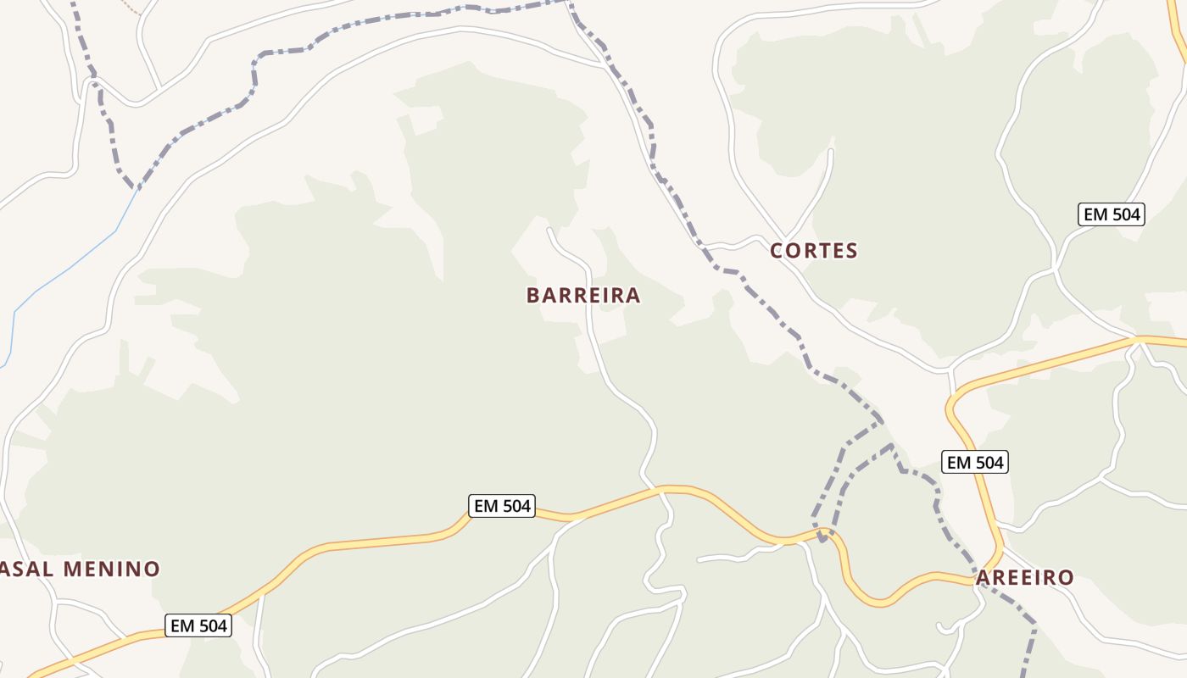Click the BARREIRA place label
(583, 295)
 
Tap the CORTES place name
(814, 251)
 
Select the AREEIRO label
(1025, 578)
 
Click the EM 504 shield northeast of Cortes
(1112, 214)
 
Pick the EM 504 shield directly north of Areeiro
(975, 462)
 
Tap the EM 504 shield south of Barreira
(502, 506)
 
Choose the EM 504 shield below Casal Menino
(198, 625)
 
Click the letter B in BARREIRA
(533, 295)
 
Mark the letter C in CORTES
(777, 251)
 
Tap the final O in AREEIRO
(1067, 578)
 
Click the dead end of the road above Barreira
(549, 229)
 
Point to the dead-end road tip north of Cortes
(831, 151)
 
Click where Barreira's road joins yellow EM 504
(661, 489)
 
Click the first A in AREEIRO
(984, 578)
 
